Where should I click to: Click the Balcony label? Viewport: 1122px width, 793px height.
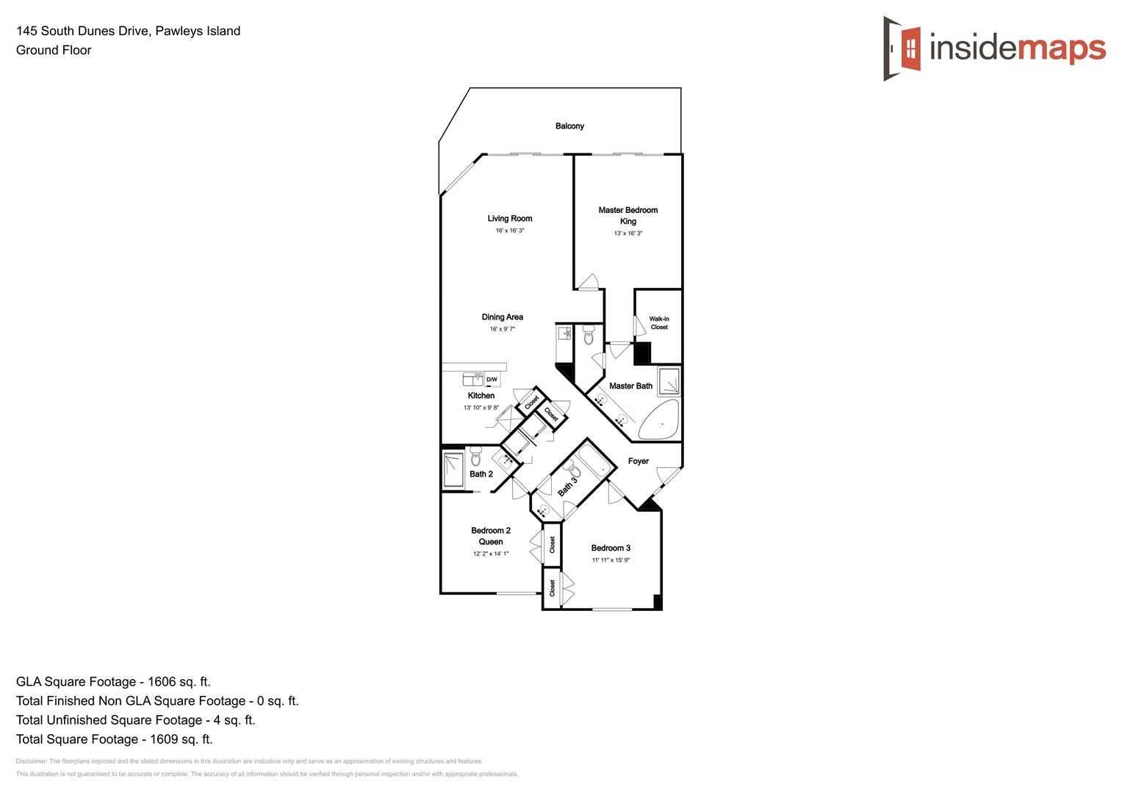tap(569, 126)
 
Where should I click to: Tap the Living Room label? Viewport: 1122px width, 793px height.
tap(509, 219)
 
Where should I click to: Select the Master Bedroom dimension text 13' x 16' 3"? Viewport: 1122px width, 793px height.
tap(627, 233)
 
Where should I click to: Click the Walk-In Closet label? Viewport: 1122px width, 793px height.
tap(659, 323)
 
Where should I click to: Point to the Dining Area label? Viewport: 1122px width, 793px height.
tap(503, 317)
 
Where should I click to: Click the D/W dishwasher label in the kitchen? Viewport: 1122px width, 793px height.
tap(492, 380)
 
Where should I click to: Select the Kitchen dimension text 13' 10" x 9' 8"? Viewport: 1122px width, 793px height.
tap(481, 408)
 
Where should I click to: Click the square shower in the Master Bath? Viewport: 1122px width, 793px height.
tap(669, 383)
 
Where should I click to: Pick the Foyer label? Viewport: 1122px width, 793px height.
tap(638, 461)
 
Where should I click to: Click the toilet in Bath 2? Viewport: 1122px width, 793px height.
tap(475, 455)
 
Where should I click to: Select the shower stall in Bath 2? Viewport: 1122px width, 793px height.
tap(453, 470)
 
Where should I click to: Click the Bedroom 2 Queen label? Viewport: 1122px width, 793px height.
tap(491, 536)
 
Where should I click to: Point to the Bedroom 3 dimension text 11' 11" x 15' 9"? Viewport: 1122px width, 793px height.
tap(611, 560)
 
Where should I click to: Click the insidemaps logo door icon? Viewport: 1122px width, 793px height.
tap(903, 48)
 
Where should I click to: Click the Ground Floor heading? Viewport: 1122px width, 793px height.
tap(54, 50)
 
